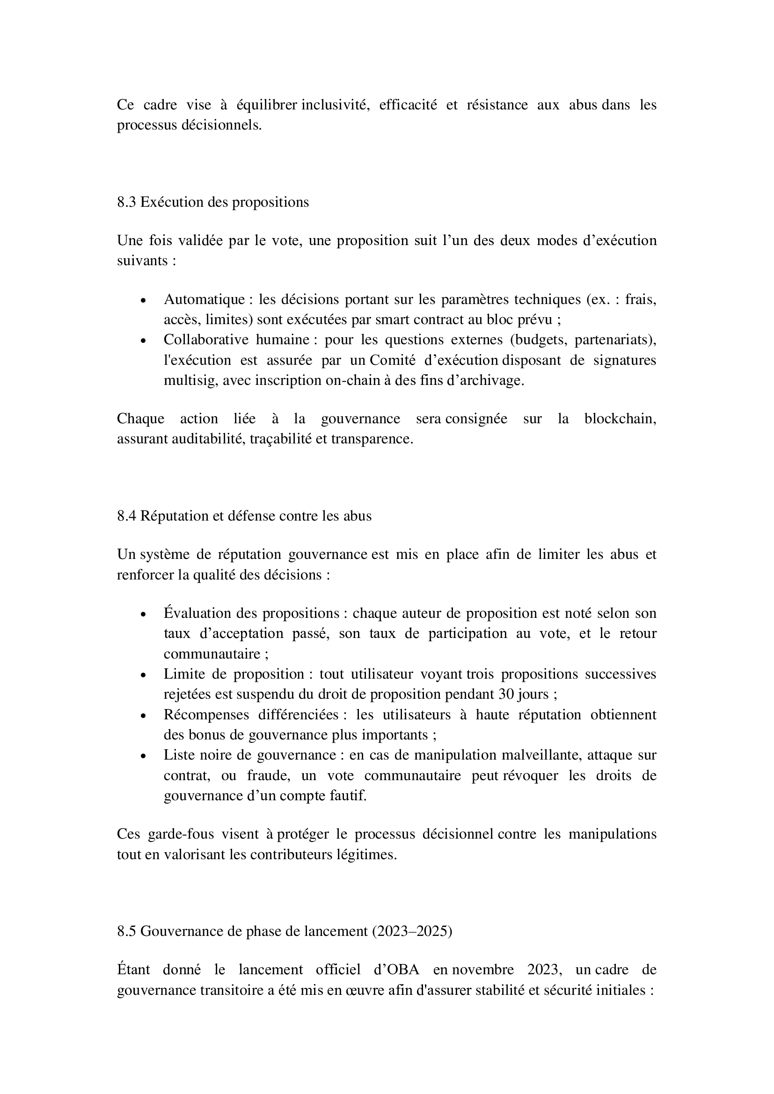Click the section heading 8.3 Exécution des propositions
point(212,203)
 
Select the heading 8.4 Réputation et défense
point(244,516)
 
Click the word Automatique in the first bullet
point(204,300)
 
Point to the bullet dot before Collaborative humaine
point(143,341)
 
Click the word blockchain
point(620,419)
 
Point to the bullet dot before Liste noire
point(143,756)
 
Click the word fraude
point(268,775)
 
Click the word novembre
point(483,970)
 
